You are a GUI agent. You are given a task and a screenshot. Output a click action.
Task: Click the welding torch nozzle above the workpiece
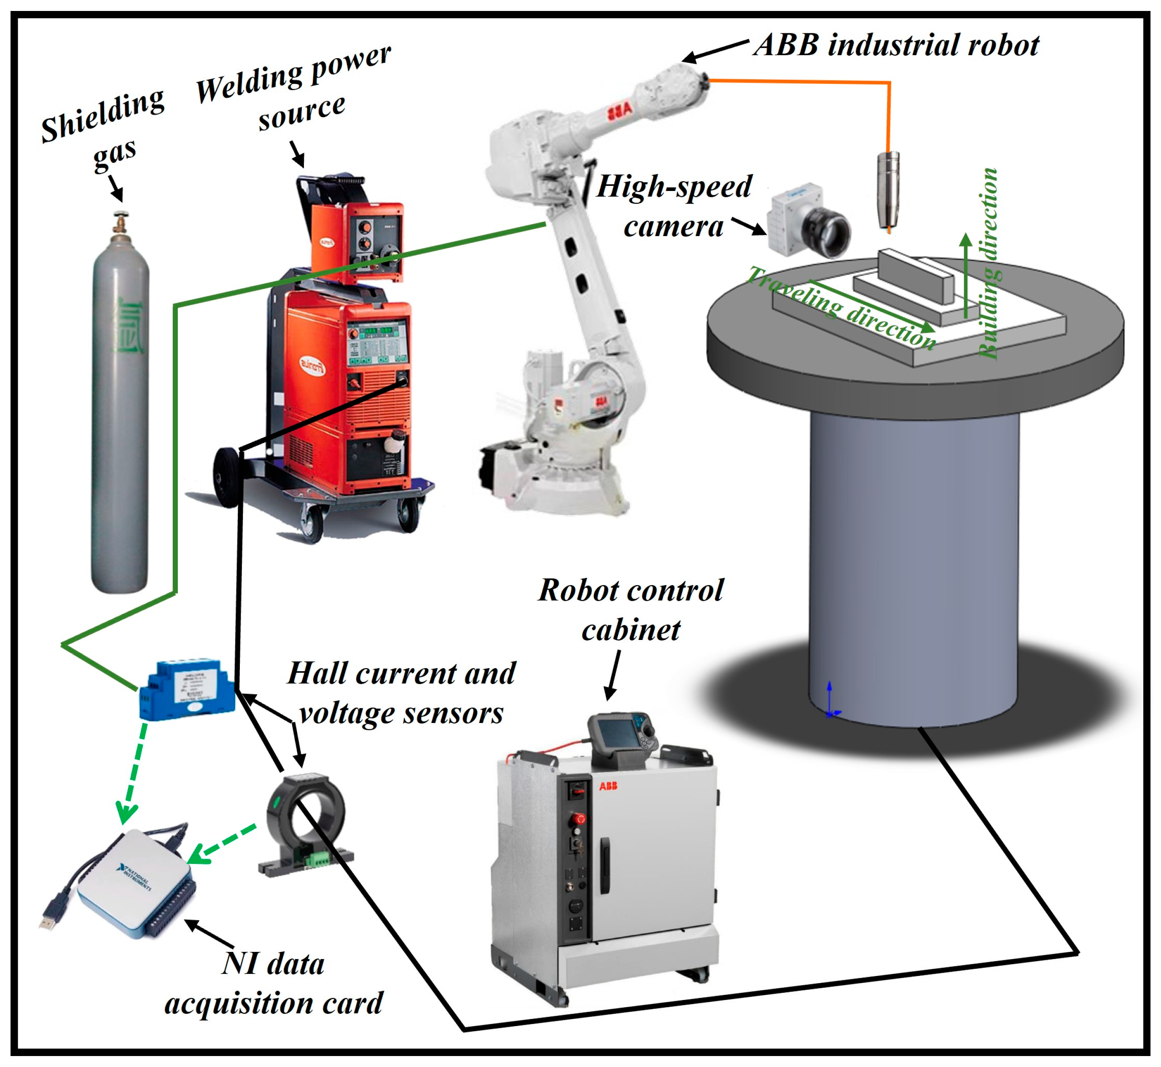pos(888,191)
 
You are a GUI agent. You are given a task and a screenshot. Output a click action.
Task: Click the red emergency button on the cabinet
pos(579,819)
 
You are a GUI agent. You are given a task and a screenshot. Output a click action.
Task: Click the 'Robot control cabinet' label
pos(630,609)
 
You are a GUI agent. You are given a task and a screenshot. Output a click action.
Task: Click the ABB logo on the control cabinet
pos(608,786)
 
